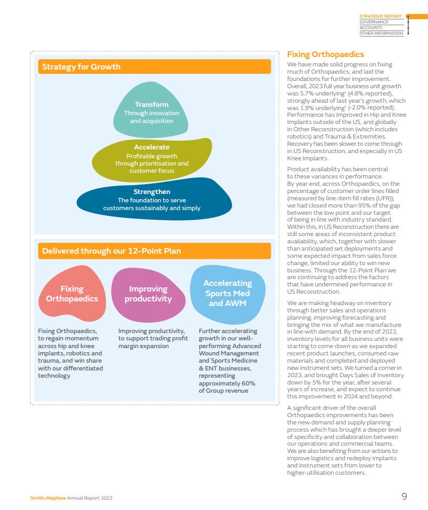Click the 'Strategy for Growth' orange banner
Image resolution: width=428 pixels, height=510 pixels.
click(154, 66)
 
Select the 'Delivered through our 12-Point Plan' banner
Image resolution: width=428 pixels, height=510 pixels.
click(154, 251)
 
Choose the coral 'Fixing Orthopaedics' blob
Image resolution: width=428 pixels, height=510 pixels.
click(72, 294)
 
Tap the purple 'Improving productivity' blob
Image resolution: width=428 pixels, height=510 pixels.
click(148, 294)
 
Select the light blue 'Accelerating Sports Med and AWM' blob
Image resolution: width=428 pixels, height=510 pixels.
click(227, 293)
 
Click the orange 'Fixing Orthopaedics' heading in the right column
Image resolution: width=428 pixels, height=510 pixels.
click(325, 54)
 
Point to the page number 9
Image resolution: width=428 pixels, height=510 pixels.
click(404, 497)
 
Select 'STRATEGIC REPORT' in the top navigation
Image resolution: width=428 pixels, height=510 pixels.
click(380, 16)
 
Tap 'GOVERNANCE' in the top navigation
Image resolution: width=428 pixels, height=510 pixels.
click(374, 22)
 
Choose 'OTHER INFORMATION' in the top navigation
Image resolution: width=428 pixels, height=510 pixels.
click(381, 34)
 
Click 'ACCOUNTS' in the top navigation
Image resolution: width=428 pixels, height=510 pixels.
click(370, 28)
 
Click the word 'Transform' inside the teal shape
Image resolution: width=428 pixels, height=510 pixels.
click(151, 105)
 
